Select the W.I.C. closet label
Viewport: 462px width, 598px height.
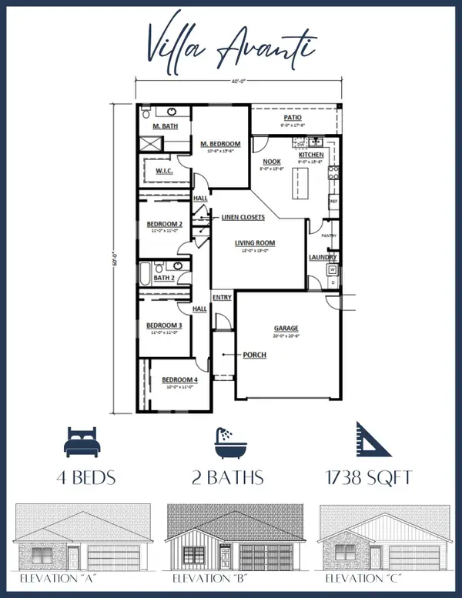pyautogui.click(x=162, y=170)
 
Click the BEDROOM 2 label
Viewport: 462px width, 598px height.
pyautogui.click(x=164, y=224)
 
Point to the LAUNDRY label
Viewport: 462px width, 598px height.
pyautogui.click(x=320, y=257)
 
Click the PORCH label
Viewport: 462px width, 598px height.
pyautogui.click(x=255, y=355)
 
